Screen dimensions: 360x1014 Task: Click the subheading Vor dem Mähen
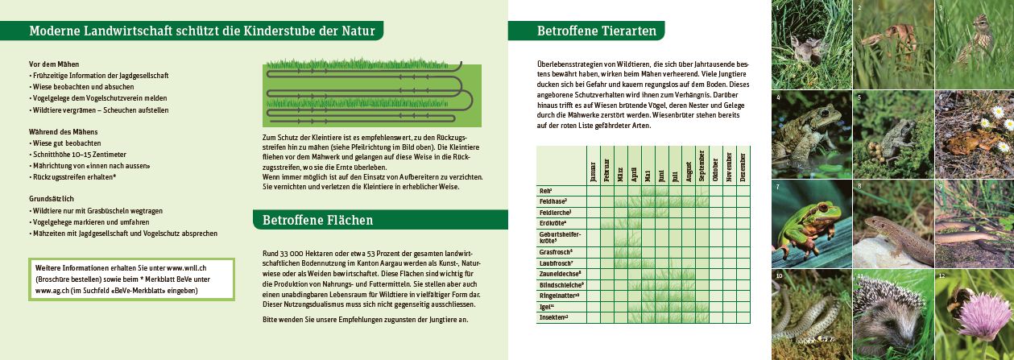coord(54,64)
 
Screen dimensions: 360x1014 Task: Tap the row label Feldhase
coord(553,201)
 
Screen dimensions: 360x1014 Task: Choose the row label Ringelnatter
coord(557,296)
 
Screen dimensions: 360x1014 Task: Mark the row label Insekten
coord(553,317)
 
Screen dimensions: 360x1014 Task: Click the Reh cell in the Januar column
coord(594,191)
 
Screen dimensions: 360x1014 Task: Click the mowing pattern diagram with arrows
coord(371,94)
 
